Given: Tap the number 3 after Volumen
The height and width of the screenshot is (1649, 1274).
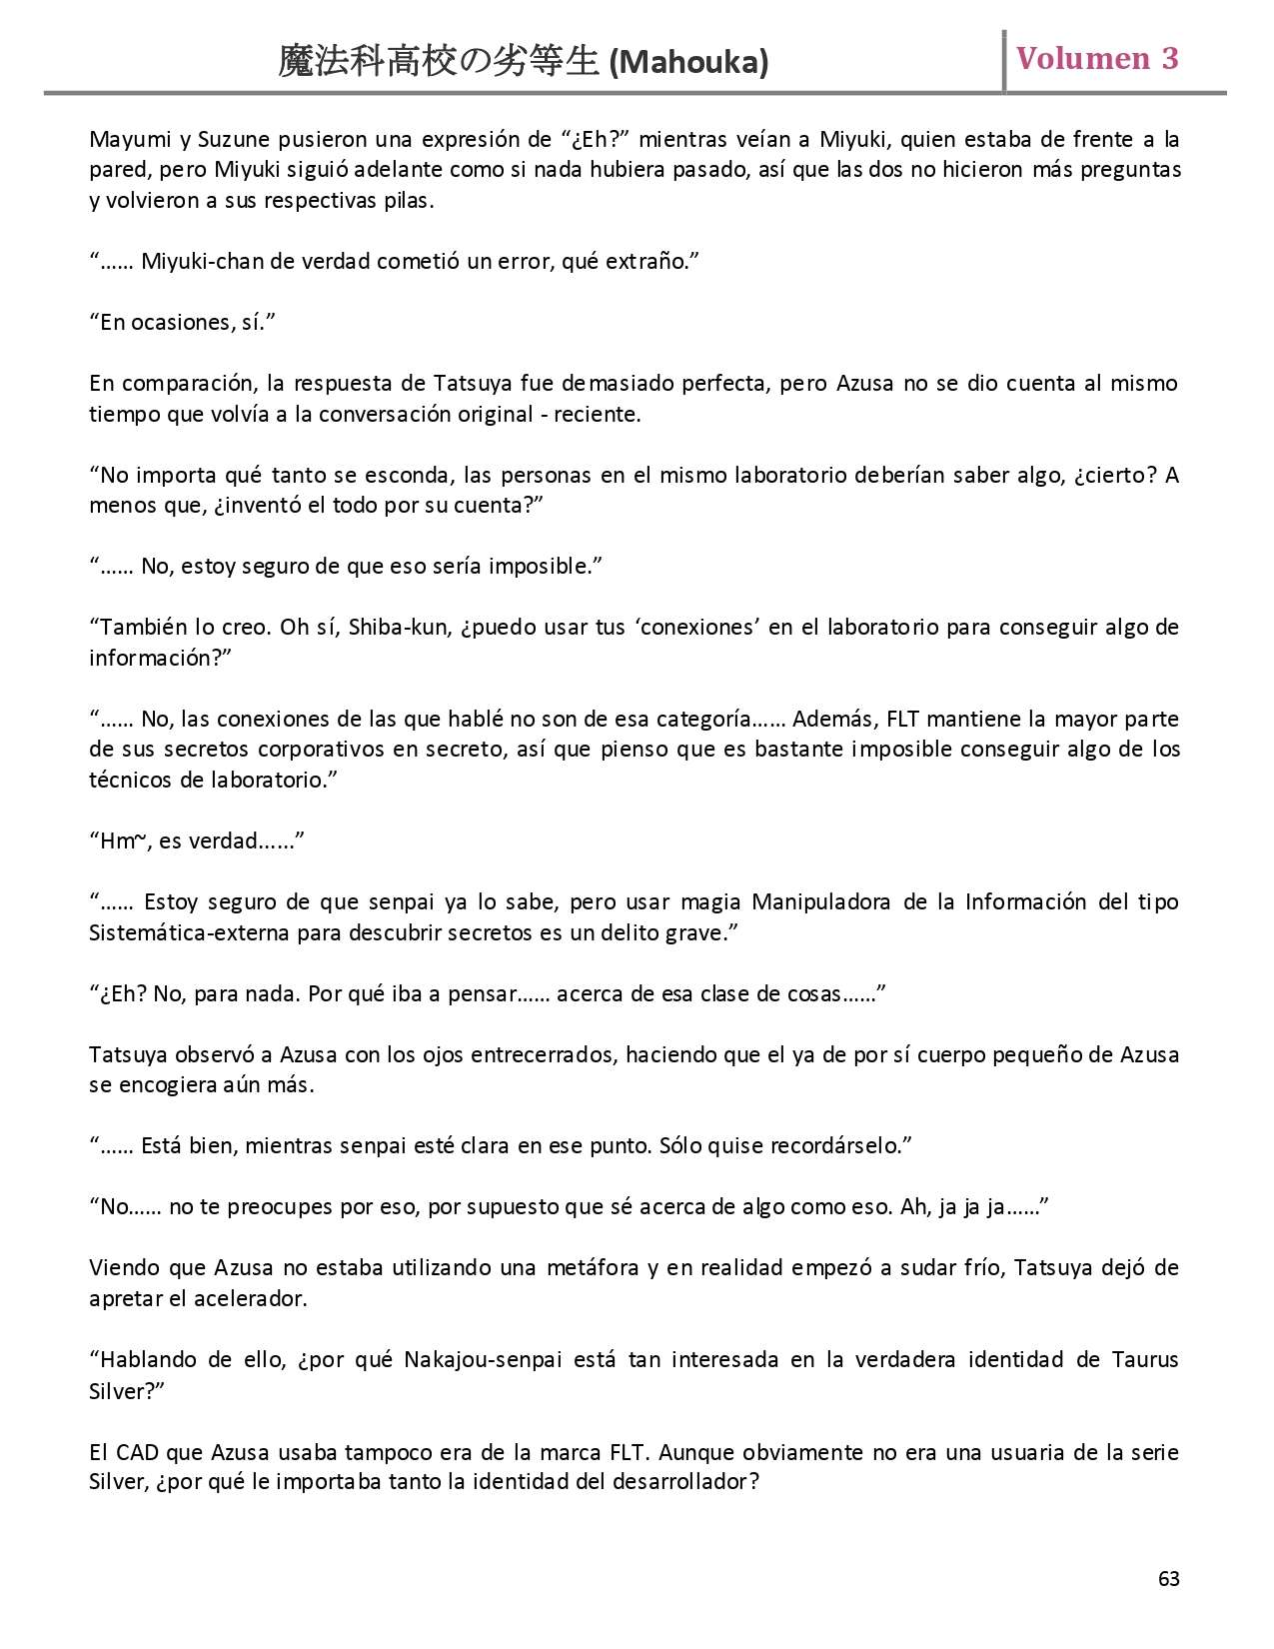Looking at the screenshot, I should (1169, 58).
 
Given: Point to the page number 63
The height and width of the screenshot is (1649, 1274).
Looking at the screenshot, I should (1168, 1578).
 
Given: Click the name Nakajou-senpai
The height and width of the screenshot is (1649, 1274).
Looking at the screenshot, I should (483, 1360).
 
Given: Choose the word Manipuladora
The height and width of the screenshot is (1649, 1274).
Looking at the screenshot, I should (820, 902).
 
